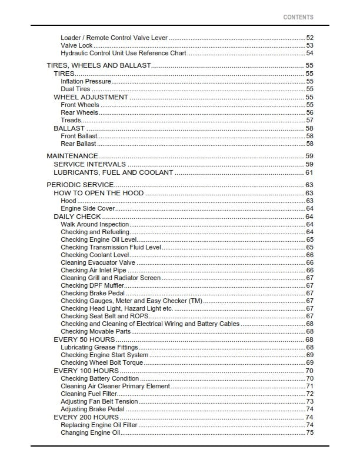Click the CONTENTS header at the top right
[x=298, y=17]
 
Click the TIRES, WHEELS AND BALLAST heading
[x=99, y=65]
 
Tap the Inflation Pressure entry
[x=86, y=81]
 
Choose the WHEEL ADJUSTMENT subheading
[x=91, y=97]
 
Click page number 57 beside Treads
[x=309, y=120]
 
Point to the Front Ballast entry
[x=79, y=136]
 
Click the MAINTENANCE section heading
[x=72, y=155]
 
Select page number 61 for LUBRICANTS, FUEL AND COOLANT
[x=309, y=172]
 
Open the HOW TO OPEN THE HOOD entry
[x=98, y=193]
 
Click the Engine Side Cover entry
[x=88, y=208]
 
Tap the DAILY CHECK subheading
[x=77, y=217]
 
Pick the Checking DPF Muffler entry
[x=92, y=285]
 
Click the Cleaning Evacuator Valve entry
[x=98, y=262]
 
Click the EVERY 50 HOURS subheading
[x=84, y=339]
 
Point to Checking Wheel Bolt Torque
[x=102, y=362]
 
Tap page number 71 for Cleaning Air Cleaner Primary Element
[x=309, y=386]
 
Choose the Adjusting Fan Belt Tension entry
[x=99, y=401]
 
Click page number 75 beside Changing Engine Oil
[x=309, y=432]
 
